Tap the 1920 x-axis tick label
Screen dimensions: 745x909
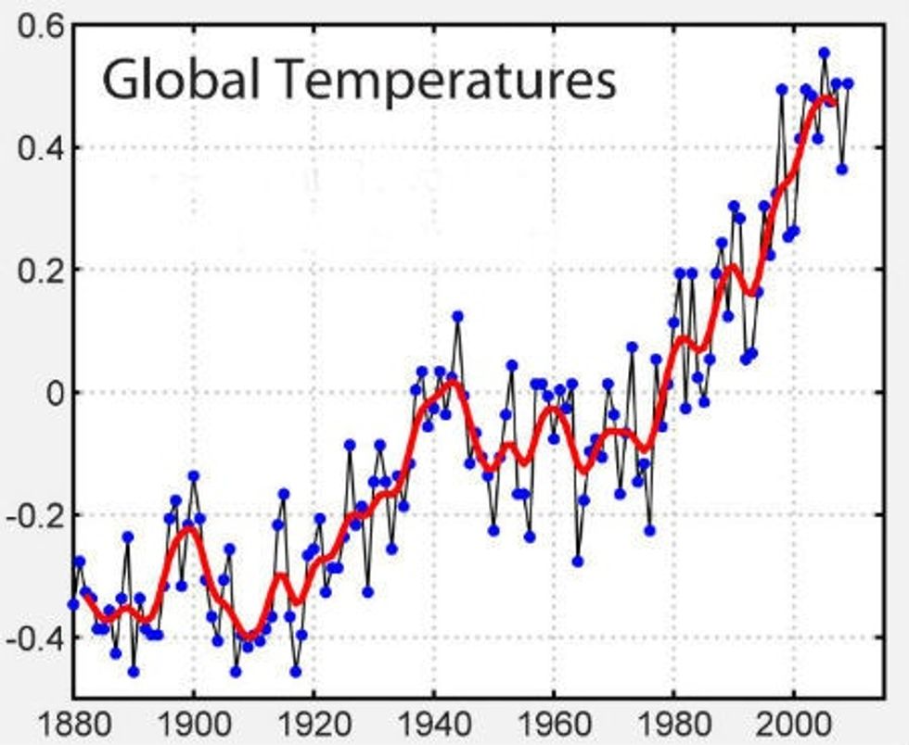(314, 722)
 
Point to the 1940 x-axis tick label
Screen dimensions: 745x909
(434, 722)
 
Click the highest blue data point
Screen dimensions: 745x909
(824, 53)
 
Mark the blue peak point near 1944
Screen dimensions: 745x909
(457, 316)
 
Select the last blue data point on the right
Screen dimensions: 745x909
(847, 83)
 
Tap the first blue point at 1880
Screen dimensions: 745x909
(73, 604)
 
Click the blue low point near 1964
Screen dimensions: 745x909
(577, 561)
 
